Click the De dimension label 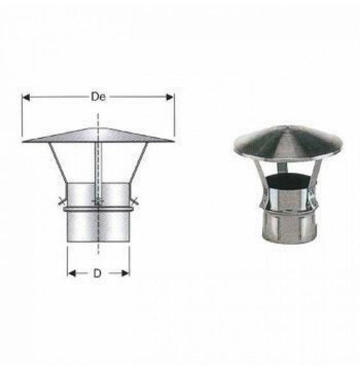click(98, 97)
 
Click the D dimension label click(97, 273)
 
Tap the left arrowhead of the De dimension click(25, 97)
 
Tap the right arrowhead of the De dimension click(170, 97)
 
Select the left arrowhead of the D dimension click(71, 273)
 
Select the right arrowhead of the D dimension click(125, 273)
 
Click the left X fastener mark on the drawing click(61, 202)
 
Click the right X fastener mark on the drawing click(135, 202)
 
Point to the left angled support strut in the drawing click(58, 163)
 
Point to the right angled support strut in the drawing click(139, 163)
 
